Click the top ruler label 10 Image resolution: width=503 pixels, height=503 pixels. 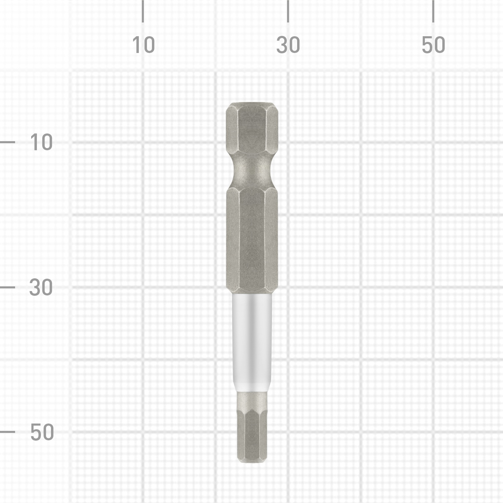[144, 45]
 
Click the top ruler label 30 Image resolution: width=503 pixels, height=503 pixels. [288, 45]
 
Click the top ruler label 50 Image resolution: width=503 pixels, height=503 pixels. [433, 45]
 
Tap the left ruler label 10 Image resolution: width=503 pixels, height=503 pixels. [41, 142]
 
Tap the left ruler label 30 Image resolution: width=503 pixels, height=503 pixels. [41, 287]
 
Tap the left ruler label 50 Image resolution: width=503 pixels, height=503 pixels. [42, 432]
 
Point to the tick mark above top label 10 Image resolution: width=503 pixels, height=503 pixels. [143, 11]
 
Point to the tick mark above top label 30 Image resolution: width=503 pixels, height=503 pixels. [288, 11]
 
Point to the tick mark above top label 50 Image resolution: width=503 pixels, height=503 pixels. [433, 11]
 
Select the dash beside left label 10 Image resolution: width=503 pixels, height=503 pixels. [7, 142]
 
